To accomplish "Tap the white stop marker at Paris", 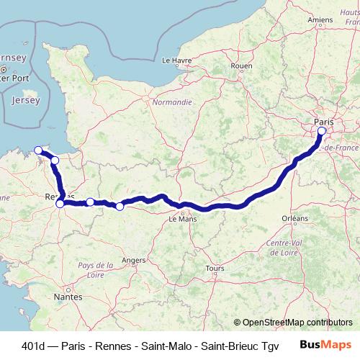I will (x=321, y=132).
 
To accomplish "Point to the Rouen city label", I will (x=242, y=66).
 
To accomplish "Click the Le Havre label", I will (x=176, y=60).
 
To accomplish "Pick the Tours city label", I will (x=212, y=269).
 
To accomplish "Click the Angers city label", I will (x=135, y=260).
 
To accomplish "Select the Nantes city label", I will (x=70, y=297).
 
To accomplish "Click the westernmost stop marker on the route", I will (x=38, y=150).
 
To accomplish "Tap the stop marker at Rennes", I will (x=60, y=203).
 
